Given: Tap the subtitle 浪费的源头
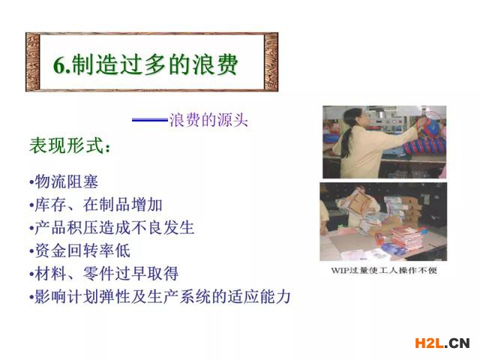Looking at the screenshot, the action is pos(208,120).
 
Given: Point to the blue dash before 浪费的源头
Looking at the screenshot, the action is pos(150,120).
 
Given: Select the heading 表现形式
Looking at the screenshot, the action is pos(69,145).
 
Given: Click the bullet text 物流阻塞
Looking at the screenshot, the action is pos(67,181).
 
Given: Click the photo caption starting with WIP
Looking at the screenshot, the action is pos(384,270).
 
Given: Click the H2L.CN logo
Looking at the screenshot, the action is pos(442,343).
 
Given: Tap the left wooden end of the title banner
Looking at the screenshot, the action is pos(33,61).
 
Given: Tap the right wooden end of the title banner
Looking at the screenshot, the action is pos(271,61).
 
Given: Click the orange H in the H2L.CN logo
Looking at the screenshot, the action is pos(420,343).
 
